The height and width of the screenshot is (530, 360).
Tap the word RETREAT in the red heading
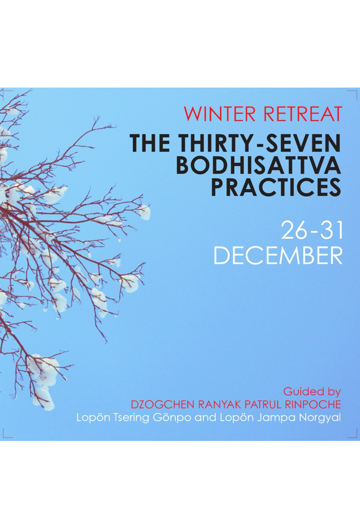[x=303, y=114]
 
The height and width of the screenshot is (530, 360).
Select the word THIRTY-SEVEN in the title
[x=259, y=143]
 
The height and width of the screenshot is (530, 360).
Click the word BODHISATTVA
[x=258, y=165]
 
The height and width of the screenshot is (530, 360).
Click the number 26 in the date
[x=294, y=231]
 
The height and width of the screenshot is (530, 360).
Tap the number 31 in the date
[x=331, y=231]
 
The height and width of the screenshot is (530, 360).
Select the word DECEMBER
[x=278, y=256]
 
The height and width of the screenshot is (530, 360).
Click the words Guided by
[x=311, y=392]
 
